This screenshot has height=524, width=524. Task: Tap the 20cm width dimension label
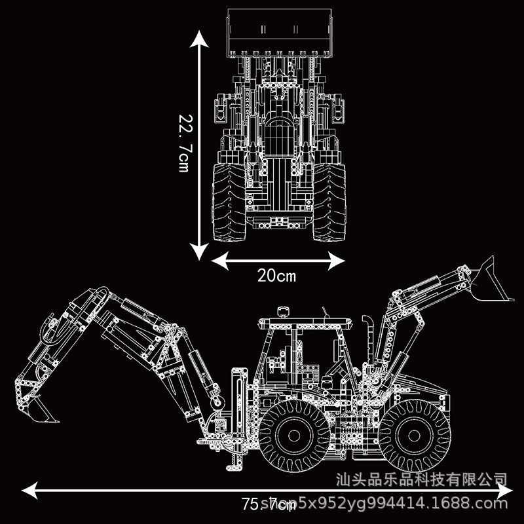click(276, 276)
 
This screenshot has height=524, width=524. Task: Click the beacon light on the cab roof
click(284, 310)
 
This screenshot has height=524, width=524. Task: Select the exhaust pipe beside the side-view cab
click(368, 341)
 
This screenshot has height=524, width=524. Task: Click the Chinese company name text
click(421, 479)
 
